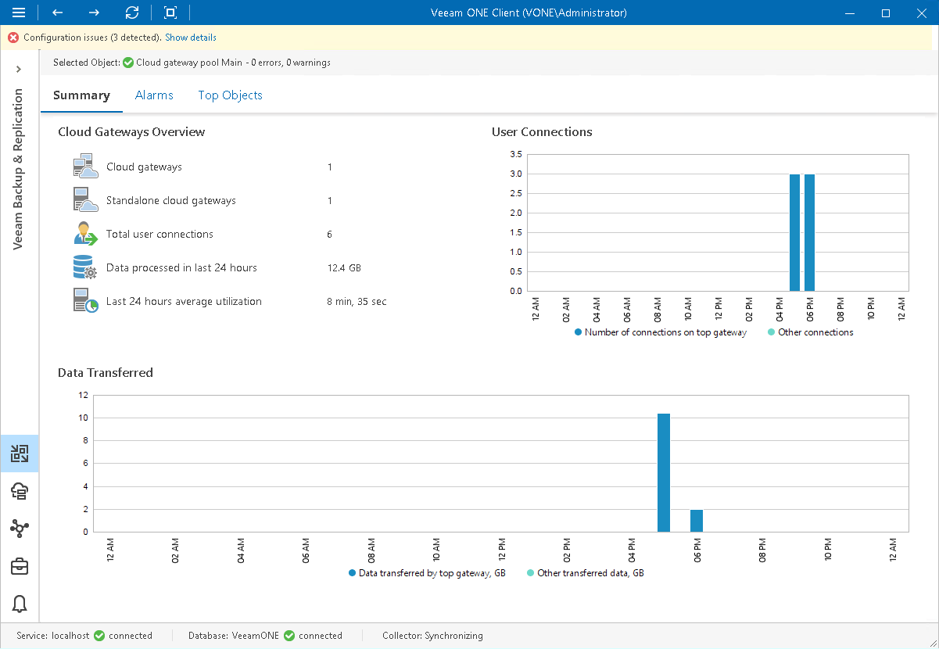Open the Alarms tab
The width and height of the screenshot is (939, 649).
coord(154,95)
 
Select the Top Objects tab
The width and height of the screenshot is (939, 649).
coord(230,95)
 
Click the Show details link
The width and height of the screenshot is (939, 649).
coord(190,38)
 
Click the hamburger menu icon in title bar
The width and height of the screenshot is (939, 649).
coord(19,13)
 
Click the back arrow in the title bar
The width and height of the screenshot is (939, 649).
coord(57,13)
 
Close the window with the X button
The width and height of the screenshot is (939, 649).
coord(921,13)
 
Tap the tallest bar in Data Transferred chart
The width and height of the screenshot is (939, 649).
coord(664,472)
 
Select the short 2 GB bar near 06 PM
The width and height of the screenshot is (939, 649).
coord(697,520)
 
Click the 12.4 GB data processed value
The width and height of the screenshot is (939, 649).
coord(344,268)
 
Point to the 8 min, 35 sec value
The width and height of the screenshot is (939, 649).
coord(357,302)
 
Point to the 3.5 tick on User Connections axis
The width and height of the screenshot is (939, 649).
coord(515,155)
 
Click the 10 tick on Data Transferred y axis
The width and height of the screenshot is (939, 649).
coord(84,418)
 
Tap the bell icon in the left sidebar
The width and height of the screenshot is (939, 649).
coord(20,604)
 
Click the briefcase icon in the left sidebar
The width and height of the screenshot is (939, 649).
coord(20,566)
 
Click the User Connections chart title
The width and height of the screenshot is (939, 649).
coord(542,132)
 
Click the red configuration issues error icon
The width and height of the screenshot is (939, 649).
coord(13,38)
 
